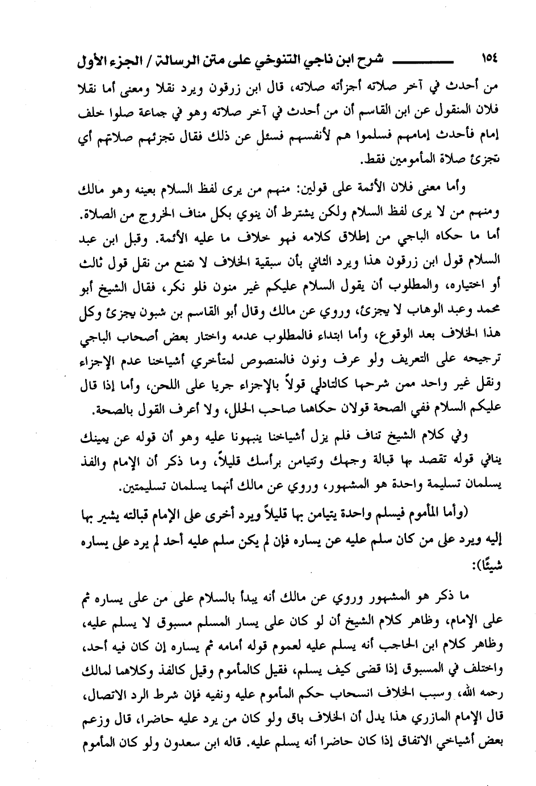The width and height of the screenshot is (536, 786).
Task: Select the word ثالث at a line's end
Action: (x=90, y=261)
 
